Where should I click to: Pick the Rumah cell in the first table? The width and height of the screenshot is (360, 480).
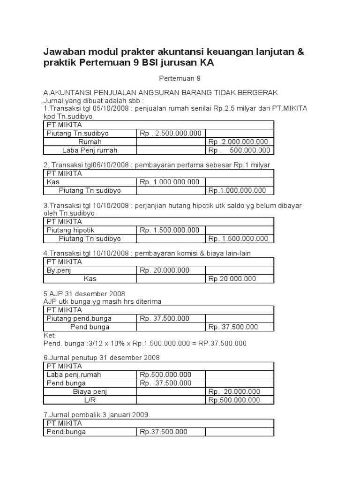(x=90, y=142)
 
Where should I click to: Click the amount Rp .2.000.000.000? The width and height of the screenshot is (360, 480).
(x=238, y=142)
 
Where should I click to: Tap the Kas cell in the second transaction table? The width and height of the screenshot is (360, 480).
(x=53, y=182)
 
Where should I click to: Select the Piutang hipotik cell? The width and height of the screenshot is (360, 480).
(x=70, y=230)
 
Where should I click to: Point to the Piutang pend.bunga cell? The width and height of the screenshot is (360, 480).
(x=79, y=318)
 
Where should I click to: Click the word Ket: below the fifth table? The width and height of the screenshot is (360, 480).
(x=49, y=335)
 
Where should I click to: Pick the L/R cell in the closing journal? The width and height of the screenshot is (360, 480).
(x=90, y=400)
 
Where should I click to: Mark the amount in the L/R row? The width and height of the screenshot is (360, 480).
(x=234, y=400)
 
